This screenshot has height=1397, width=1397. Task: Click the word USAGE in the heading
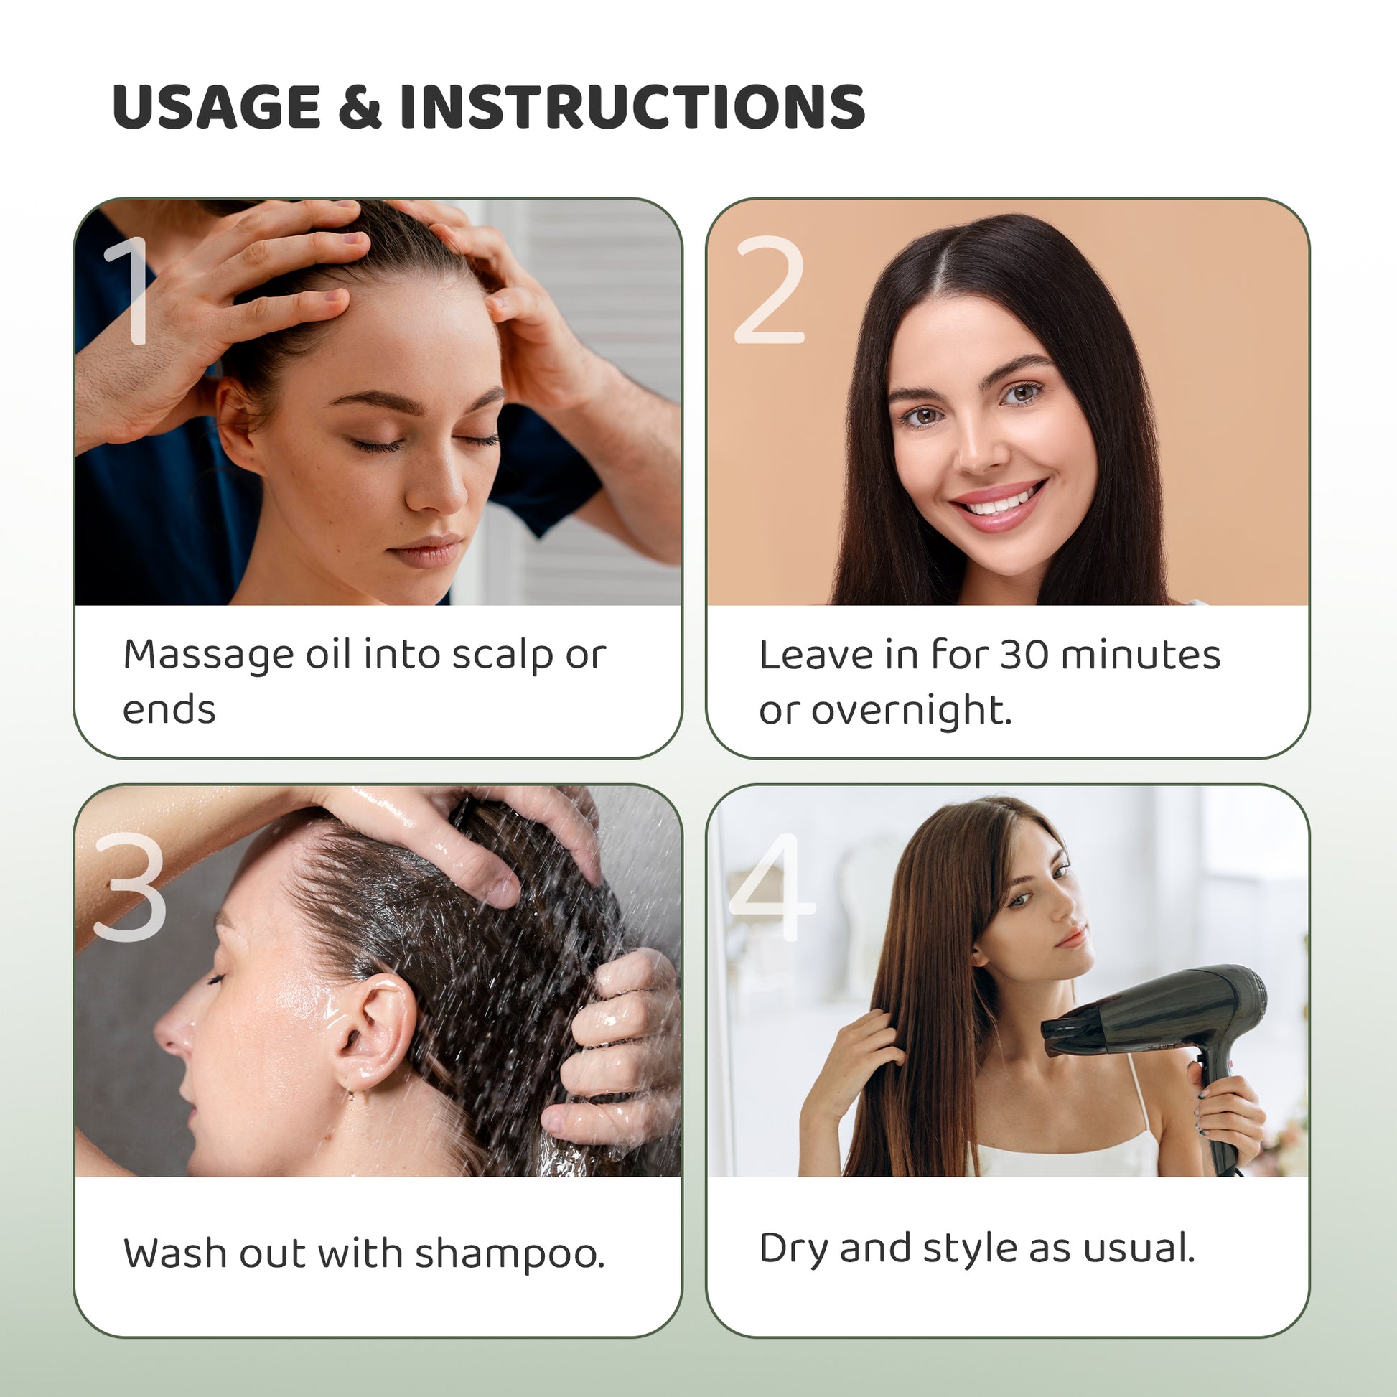[x=216, y=106]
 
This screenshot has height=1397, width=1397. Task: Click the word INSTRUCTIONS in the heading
[x=632, y=106]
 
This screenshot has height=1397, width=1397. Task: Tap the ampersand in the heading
[x=360, y=106]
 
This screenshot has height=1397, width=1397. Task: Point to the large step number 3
[x=130, y=887]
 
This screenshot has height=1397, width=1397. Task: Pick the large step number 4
[x=772, y=887]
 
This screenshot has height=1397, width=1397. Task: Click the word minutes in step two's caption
[x=1140, y=656]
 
